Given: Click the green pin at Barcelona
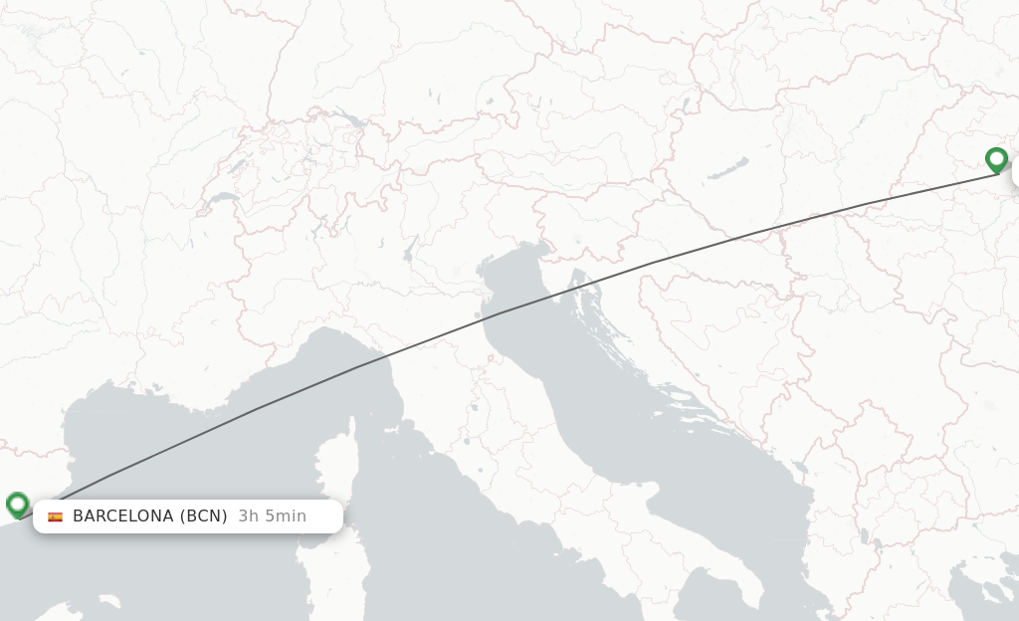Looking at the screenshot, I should pyautogui.click(x=17, y=504).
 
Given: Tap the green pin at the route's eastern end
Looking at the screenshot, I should pyautogui.click(x=996, y=159).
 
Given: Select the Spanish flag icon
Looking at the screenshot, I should pyautogui.click(x=55, y=517).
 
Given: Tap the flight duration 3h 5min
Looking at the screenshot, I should pyautogui.click(x=272, y=516).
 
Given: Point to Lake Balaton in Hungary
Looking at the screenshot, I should pyautogui.click(x=728, y=168).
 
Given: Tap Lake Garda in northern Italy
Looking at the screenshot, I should pyautogui.click(x=409, y=248).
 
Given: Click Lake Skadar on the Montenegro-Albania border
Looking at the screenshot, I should pyautogui.click(x=801, y=469).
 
